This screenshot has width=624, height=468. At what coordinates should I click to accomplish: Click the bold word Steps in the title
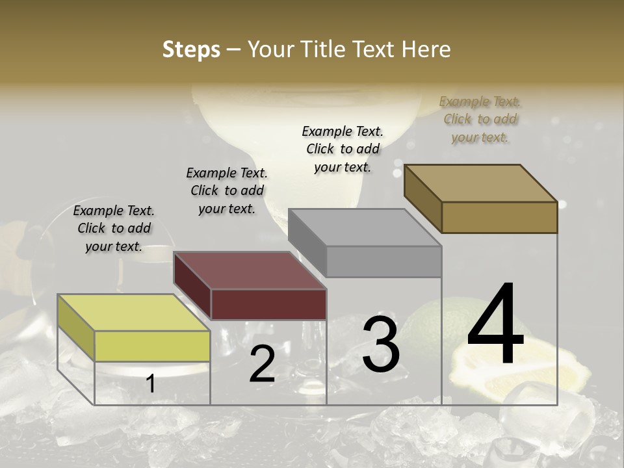191,49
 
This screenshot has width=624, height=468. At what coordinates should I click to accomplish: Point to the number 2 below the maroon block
262,365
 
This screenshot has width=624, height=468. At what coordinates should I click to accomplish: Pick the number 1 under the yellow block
150,384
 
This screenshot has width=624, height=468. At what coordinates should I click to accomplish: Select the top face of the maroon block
250,270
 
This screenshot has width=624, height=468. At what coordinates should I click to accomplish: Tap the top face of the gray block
365,227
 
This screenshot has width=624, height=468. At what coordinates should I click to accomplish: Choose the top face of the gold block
481,183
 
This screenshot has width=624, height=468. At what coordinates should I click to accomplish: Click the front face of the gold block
499,217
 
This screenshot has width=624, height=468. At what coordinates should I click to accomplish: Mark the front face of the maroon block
268,304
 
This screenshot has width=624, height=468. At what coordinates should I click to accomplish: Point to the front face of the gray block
383,261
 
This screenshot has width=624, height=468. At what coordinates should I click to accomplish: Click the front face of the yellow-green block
152,346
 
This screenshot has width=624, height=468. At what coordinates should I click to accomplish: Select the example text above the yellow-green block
114,228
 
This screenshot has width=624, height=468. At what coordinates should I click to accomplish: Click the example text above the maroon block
227,190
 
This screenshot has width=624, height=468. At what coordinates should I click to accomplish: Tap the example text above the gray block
343,149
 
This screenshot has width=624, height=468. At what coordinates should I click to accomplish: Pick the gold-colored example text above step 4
480,119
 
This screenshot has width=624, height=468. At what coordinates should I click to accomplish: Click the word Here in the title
427,49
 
